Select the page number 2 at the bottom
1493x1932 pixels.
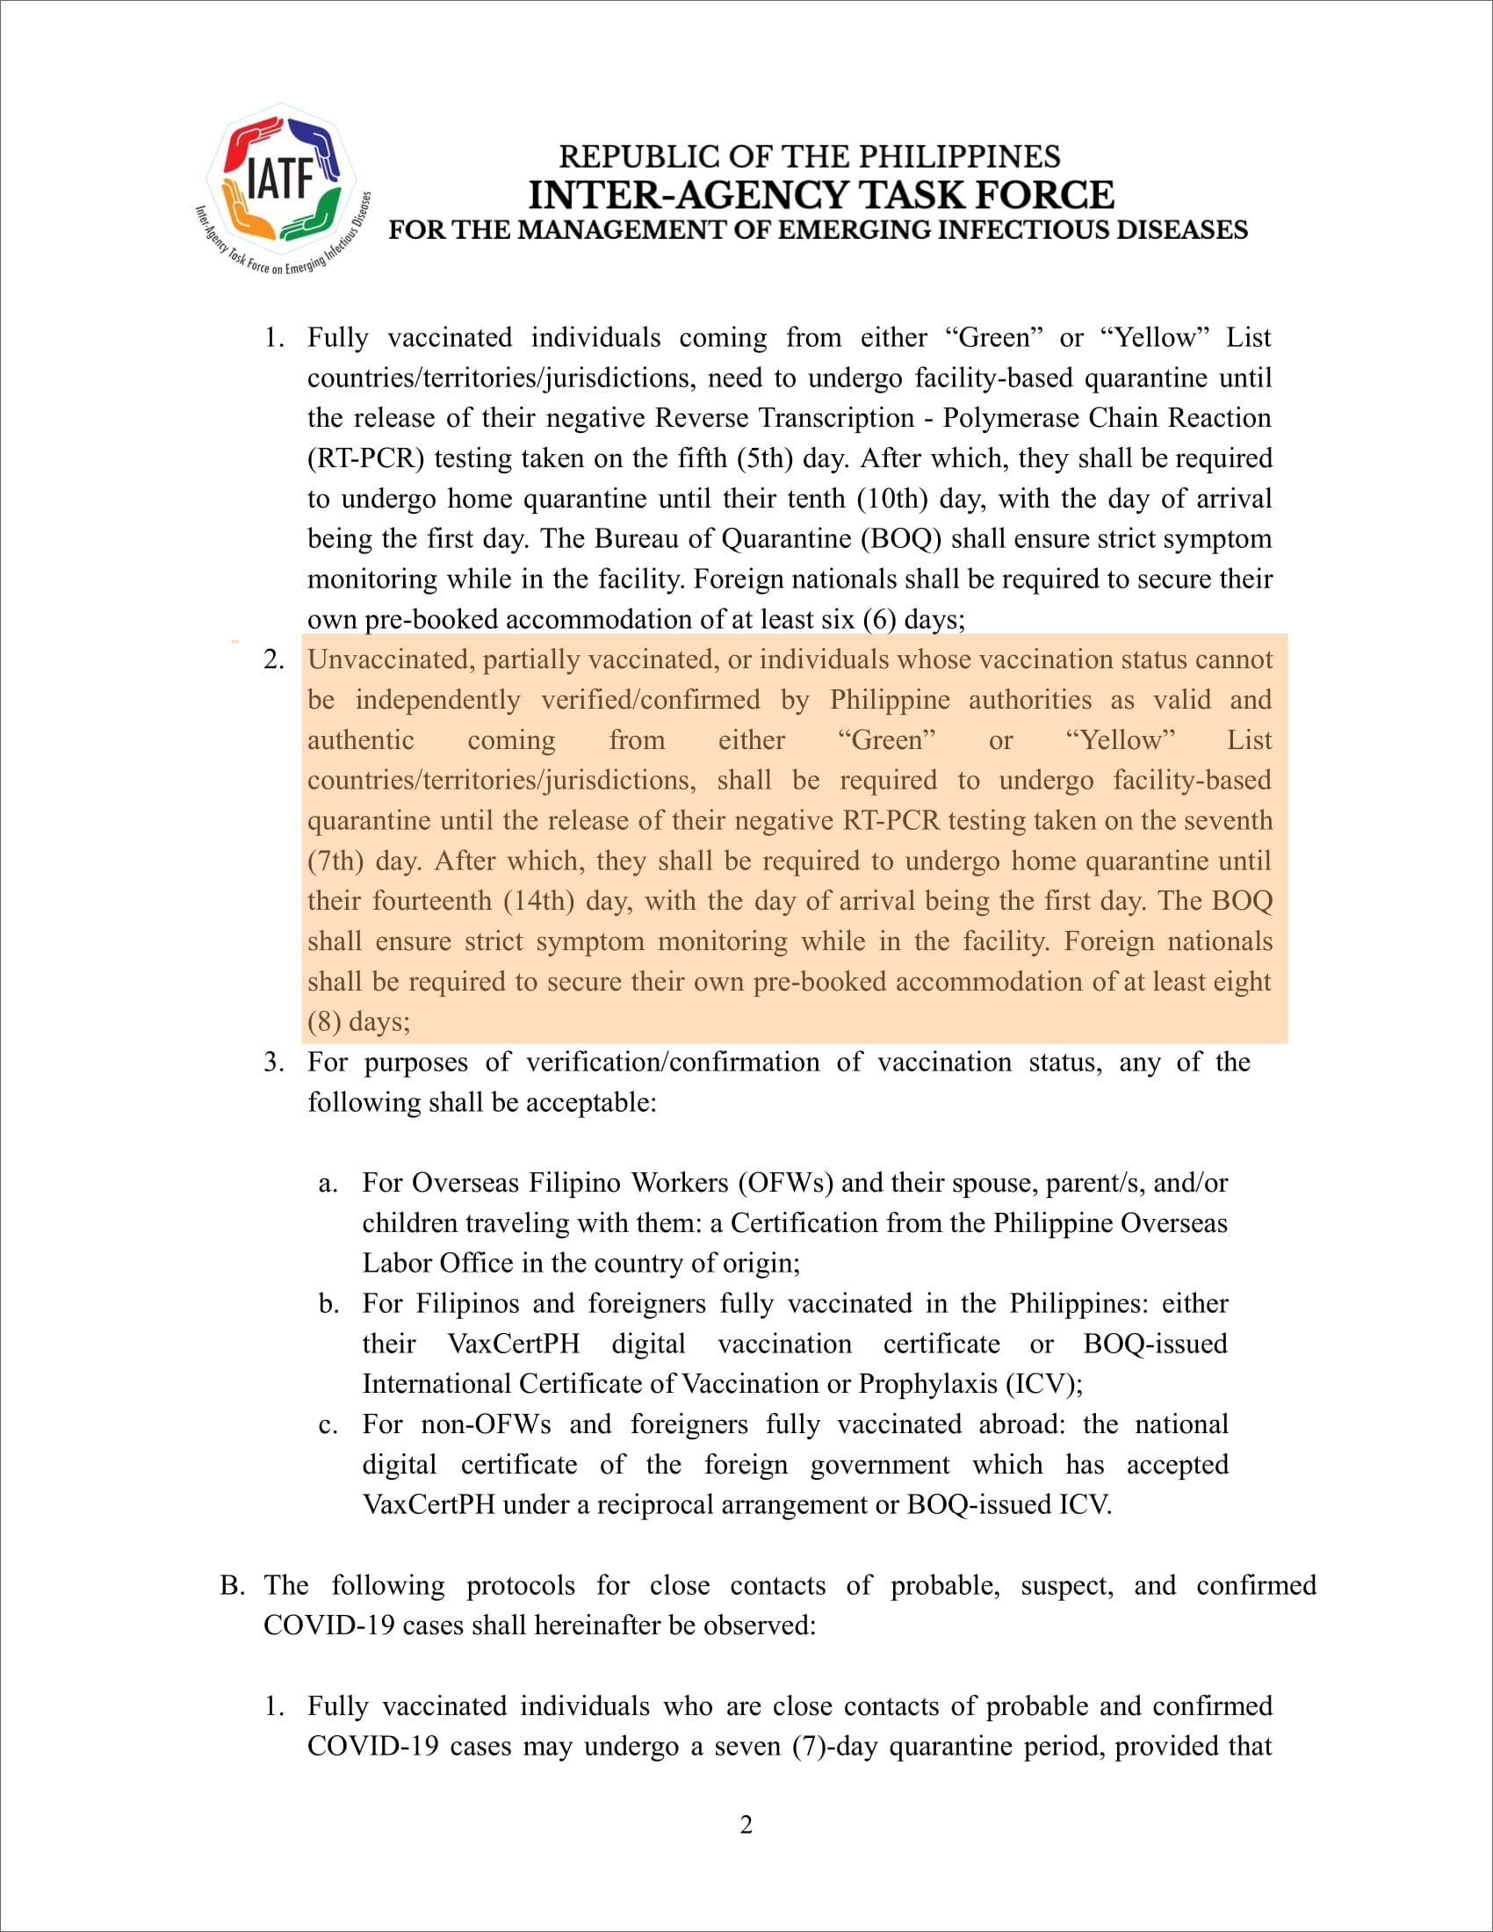(x=746, y=1824)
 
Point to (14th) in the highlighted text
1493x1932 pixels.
(x=538, y=900)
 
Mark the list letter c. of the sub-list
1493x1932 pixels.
(x=328, y=1425)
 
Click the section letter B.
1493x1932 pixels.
(x=233, y=1585)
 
